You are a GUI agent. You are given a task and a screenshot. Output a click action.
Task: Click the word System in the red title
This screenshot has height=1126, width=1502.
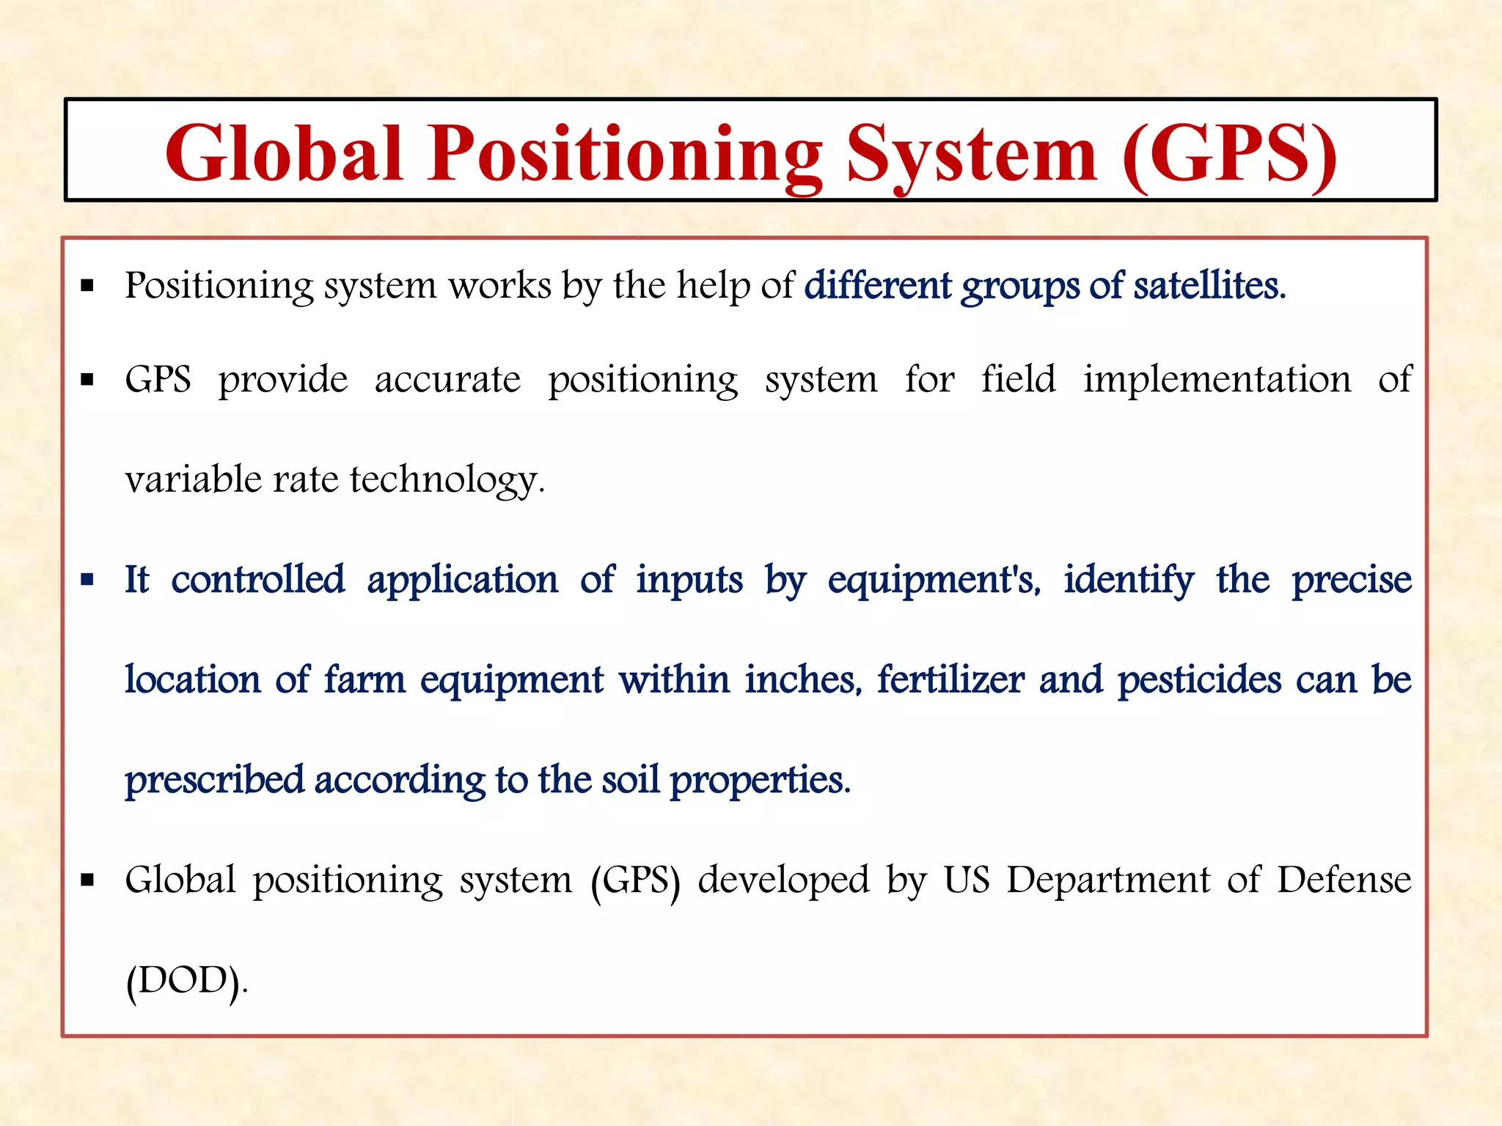971,154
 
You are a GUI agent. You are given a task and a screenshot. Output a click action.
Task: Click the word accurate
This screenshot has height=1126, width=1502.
447,380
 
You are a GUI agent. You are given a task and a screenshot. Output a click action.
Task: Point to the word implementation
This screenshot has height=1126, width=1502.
1217,380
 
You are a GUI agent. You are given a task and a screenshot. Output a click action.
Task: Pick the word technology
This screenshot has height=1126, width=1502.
447,481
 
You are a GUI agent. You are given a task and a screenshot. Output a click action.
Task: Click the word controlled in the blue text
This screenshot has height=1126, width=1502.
257,580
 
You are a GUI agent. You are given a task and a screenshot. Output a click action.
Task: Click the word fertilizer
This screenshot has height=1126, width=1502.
950,680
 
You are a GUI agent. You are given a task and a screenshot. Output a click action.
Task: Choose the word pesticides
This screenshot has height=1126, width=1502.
1199,680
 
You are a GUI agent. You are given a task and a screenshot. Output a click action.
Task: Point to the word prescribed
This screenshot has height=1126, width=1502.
214,780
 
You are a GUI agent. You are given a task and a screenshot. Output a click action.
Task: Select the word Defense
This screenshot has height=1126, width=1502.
1344,880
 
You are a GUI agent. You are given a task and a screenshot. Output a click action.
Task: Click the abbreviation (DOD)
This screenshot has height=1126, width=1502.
186,981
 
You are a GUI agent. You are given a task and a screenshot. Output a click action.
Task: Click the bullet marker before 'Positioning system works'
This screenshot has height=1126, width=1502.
87,286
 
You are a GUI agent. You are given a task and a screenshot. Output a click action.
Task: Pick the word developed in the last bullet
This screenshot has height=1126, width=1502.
783,880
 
